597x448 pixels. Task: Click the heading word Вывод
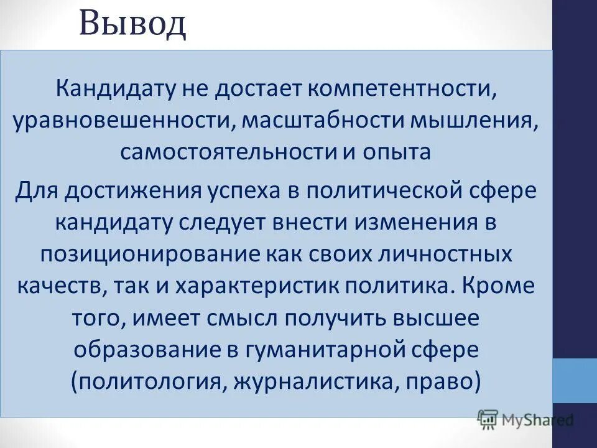[132, 25]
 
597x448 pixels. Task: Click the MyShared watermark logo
[525, 421]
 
